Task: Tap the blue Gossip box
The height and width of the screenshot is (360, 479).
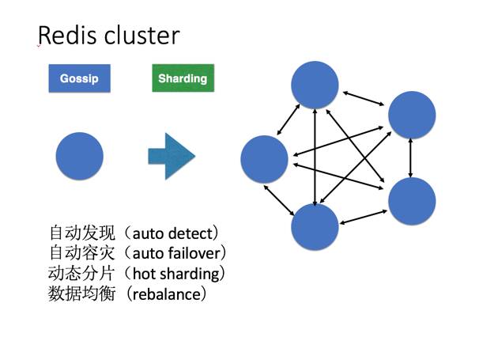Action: (79, 79)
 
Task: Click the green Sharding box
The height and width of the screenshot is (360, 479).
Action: (183, 79)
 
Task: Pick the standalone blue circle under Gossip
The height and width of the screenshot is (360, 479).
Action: (79, 156)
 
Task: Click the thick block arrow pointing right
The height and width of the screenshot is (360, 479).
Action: (171, 156)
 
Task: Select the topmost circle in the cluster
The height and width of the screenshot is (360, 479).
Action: (315, 83)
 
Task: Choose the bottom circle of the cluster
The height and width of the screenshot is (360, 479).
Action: (315, 227)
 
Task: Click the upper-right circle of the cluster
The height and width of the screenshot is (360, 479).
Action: (412, 116)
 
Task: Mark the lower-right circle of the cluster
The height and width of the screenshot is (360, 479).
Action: (412, 201)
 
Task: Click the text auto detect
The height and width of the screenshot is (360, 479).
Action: (175, 234)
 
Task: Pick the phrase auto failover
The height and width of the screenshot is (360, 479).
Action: (179, 254)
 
